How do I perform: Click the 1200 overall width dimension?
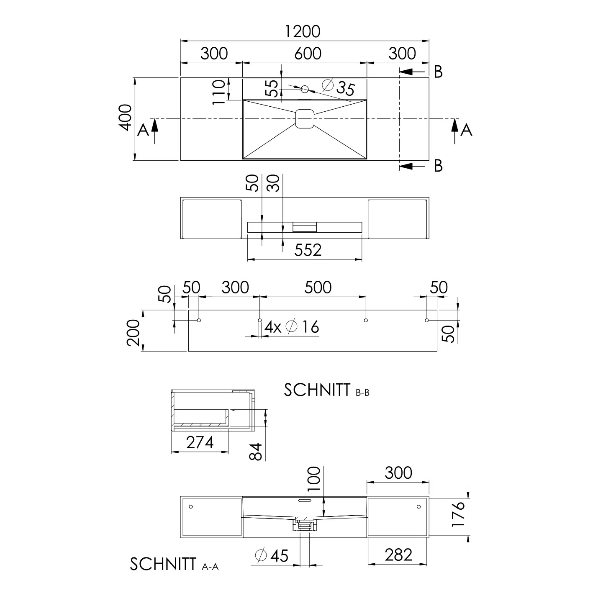303,32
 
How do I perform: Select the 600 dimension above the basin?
308,54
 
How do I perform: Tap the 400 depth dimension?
126,118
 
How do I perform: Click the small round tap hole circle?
305,89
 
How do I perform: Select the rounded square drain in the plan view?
305,119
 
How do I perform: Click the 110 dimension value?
219,92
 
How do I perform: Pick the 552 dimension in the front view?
308,250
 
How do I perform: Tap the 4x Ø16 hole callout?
292,326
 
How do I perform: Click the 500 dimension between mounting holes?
318,288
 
